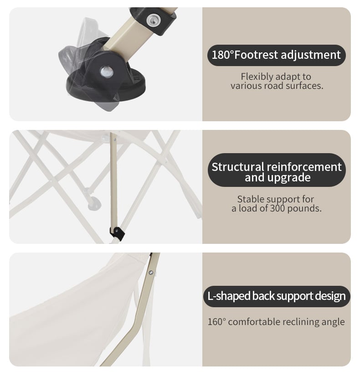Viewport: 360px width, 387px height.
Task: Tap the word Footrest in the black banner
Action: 256,55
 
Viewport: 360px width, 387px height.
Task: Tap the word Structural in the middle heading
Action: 238,167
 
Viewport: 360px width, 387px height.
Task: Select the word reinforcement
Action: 304,167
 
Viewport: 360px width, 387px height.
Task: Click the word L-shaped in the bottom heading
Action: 229,296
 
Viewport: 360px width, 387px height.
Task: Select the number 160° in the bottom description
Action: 216,322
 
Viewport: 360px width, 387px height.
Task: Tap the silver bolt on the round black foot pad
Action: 107,72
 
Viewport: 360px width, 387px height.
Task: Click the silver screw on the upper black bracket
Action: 154,20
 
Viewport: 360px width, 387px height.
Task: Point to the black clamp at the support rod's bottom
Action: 117,233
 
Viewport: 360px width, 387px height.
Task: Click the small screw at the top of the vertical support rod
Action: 115,140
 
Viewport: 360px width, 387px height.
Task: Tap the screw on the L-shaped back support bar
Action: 151,273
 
